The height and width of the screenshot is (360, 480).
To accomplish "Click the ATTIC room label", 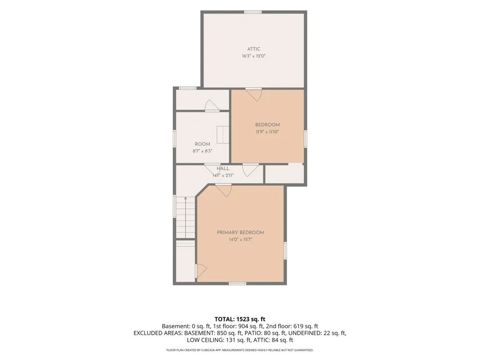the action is coord(254,49).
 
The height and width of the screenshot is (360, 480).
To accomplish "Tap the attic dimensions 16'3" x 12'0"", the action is coord(254,56).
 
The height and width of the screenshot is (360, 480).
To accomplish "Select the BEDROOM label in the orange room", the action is coord(267,125).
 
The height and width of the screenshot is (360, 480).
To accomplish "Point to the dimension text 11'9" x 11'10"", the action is coord(267,132).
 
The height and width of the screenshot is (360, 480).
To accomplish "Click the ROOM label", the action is coord(203,144).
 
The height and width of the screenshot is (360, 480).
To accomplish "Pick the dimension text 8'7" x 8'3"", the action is coord(203,151).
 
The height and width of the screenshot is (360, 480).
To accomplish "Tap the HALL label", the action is coord(223,168).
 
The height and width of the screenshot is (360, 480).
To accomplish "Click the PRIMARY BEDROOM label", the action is coord(240,232).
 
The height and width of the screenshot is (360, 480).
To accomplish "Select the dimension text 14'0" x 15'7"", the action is coord(240,240).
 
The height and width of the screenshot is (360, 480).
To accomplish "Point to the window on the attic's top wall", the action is coord(253,12).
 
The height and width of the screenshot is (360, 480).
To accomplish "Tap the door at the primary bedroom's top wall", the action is coord(224,190).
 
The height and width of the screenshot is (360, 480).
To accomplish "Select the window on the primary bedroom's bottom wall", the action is coord(238,284).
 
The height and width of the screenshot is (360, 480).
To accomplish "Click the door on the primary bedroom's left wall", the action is coord(201,271).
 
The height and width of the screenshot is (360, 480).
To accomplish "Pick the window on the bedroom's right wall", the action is coord(305,139).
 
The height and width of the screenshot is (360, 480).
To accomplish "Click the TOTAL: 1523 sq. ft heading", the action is coord(240,319).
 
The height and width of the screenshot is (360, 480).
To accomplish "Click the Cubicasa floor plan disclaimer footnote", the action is coord(240,350).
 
